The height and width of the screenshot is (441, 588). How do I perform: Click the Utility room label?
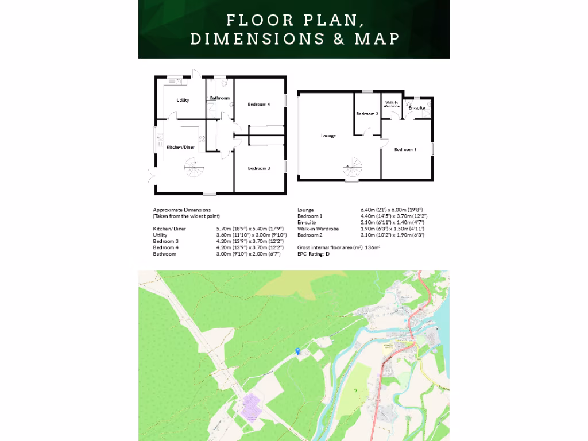(183, 100)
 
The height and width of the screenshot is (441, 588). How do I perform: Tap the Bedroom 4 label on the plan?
(258, 104)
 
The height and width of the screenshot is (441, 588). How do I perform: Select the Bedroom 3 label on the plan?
(258, 168)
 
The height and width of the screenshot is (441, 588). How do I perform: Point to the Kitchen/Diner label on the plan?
(180, 148)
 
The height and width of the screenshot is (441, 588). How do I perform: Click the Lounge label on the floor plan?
(328, 136)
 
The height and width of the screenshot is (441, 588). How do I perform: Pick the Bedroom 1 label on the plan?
(405, 150)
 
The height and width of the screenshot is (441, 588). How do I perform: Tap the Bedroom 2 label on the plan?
(367, 114)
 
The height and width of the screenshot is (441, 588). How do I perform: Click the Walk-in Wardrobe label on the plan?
(392, 105)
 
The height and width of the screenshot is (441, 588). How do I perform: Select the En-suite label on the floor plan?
(416, 108)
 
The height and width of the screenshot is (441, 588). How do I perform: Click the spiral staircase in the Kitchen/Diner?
(193, 169)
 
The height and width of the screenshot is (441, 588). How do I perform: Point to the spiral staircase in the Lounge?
(351, 169)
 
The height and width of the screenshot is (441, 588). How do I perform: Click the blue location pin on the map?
(297, 351)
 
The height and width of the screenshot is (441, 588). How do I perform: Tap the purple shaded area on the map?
(250, 407)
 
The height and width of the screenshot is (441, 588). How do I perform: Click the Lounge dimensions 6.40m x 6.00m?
(394, 210)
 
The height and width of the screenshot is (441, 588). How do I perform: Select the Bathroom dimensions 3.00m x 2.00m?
(248, 254)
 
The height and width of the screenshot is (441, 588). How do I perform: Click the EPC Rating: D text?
(314, 253)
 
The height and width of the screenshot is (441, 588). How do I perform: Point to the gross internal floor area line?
(339, 247)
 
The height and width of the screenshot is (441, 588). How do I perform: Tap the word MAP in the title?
(377, 39)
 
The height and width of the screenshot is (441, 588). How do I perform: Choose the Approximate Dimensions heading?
(181, 210)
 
